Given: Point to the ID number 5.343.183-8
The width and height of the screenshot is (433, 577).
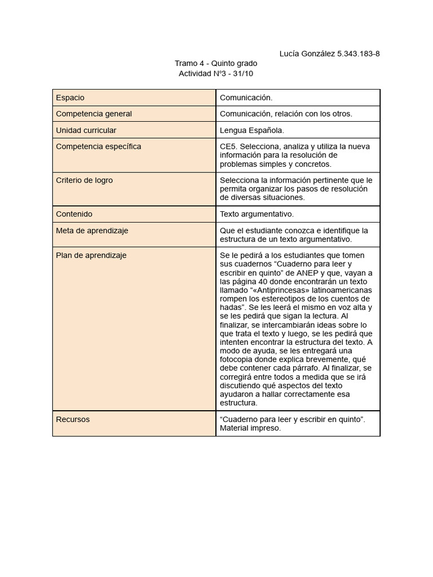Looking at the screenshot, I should click(x=359, y=54).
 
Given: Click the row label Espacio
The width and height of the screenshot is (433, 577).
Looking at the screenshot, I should click(x=70, y=97).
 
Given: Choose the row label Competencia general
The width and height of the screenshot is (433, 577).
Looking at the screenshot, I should click(x=94, y=114).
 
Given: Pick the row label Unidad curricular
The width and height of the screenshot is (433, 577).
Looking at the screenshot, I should click(x=86, y=130).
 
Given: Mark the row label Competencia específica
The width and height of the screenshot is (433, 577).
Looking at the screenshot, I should click(x=99, y=147).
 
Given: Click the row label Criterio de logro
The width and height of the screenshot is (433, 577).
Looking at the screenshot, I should click(x=85, y=180).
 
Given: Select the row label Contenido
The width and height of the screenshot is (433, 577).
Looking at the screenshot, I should click(x=74, y=214).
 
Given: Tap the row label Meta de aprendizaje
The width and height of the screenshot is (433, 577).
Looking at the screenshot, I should click(x=92, y=230).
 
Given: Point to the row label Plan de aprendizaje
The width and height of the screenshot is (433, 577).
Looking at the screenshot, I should click(x=91, y=255).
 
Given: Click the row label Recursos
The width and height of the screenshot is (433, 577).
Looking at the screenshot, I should click(x=73, y=419).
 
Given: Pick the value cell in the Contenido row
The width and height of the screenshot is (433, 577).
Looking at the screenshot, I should click(x=257, y=214).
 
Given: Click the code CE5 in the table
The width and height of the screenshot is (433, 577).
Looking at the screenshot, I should click(x=227, y=147).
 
